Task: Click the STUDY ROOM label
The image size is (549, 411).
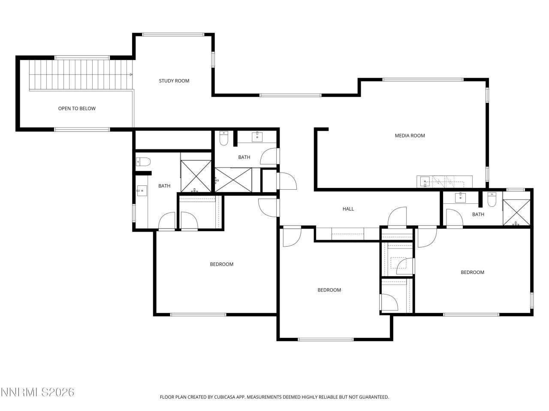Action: click(x=174, y=81)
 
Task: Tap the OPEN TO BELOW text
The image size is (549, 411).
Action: click(x=77, y=109)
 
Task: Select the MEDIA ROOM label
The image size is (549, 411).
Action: click(x=410, y=136)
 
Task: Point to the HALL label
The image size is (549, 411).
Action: click(x=348, y=209)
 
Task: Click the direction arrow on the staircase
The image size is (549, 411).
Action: click(x=131, y=74)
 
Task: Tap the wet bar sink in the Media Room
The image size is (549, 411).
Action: click(x=424, y=182)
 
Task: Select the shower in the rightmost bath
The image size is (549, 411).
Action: click(x=516, y=212)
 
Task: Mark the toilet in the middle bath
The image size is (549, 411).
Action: click(x=224, y=138)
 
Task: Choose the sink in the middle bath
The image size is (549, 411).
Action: click(x=258, y=137)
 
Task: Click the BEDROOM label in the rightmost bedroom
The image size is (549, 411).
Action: click(x=472, y=272)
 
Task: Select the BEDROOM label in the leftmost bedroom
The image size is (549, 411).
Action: click(x=221, y=264)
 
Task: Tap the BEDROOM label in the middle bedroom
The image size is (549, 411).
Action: click(x=329, y=290)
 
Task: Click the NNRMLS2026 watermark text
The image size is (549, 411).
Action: click(x=38, y=392)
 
